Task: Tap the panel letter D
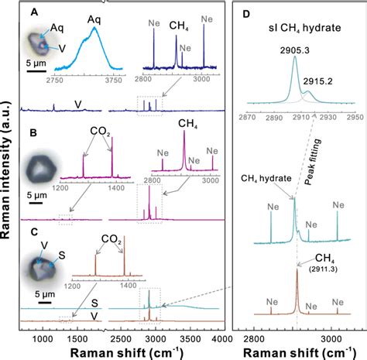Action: tap(246, 12)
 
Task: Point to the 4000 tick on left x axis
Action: tap(221, 338)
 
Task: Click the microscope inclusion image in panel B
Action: tap(39, 168)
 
